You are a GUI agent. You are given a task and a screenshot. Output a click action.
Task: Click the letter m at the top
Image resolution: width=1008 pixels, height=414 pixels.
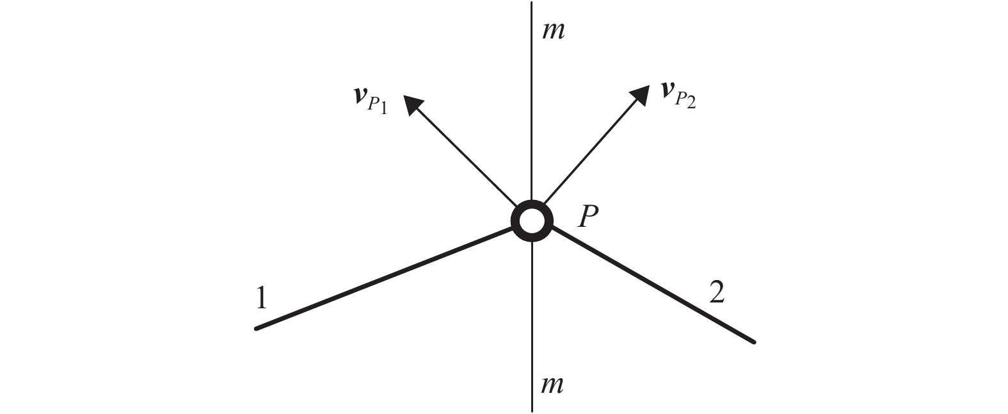[553, 31]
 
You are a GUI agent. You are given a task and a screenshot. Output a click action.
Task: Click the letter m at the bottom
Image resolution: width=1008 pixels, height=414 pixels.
[552, 385]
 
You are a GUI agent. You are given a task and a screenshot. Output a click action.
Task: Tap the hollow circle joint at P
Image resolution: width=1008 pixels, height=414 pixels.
[532, 221]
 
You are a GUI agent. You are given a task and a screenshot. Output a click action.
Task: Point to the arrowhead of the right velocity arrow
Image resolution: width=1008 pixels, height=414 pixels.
[640, 95]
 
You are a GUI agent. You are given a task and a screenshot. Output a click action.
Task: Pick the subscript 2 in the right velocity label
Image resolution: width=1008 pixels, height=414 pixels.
[689, 101]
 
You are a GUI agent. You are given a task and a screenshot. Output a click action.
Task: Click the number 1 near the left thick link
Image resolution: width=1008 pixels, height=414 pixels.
[261, 298]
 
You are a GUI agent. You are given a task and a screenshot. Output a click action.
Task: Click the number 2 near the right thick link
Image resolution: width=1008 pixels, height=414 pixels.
[717, 294]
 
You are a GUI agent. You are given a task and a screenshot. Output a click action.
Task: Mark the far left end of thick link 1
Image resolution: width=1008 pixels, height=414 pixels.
[257, 329]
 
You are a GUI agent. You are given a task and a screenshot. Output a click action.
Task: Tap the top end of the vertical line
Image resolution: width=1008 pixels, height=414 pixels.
[532, 3]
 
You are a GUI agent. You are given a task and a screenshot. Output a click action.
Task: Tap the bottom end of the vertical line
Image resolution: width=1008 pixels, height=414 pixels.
[532, 410]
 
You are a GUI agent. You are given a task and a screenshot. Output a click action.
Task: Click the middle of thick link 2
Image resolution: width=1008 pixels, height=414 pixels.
[653, 285]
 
